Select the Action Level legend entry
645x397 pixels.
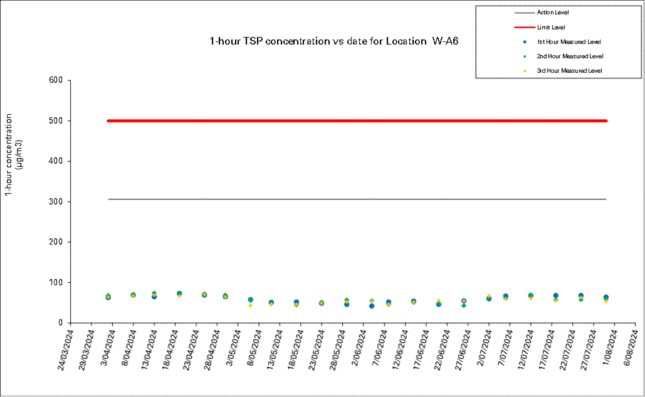(x=552, y=13)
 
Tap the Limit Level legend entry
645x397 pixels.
(x=551, y=28)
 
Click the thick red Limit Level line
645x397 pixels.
(x=357, y=121)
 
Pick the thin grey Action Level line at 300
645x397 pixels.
(x=357, y=199)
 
